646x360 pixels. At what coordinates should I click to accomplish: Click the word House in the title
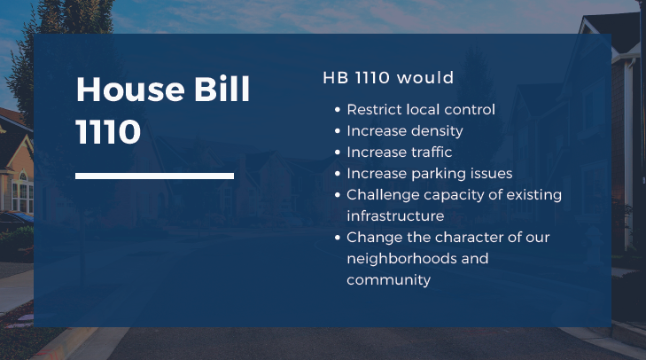(x=130, y=89)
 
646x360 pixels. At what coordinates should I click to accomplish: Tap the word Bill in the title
(x=222, y=89)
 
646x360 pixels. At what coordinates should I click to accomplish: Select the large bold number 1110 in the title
(x=108, y=131)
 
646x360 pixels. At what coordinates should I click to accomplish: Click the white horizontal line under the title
(x=154, y=176)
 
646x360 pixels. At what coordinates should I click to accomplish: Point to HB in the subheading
(x=336, y=77)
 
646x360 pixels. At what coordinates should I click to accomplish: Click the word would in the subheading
(x=425, y=77)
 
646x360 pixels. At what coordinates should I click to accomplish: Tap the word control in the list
(x=470, y=110)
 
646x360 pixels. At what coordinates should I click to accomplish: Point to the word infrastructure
(x=395, y=216)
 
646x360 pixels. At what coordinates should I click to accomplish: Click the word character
(x=470, y=238)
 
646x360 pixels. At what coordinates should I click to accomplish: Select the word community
(x=388, y=280)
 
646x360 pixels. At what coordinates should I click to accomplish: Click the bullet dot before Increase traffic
(x=338, y=153)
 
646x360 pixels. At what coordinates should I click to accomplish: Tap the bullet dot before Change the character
(x=338, y=238)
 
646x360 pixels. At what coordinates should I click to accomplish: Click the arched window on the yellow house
(x=23, y=176)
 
